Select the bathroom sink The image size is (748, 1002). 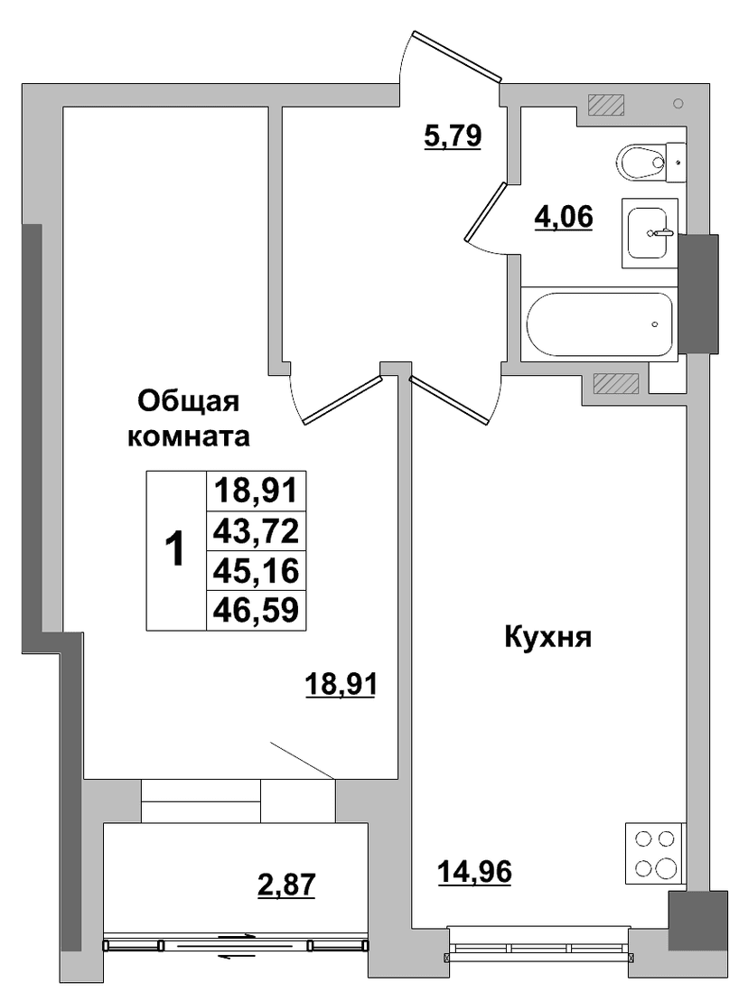tap(649, 232)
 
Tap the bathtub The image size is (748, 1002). tap(599, 323)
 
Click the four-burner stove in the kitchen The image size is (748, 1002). tap(655, 854)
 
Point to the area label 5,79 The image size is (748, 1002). tap(453, 136)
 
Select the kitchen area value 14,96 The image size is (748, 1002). tap(474, 871)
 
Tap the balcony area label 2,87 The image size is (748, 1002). tap(286, 885)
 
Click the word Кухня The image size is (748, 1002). tap(548, 637)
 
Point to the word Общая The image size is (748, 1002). tap(189, 403)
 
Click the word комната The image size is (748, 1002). tap(189, 437)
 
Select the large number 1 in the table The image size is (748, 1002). tap(174, 549)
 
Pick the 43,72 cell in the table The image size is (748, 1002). tap(257, 530)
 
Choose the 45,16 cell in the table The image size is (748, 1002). tap(257, 570)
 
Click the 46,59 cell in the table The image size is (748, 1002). tap(257, 610)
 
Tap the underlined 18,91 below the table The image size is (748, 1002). tap(341, 684)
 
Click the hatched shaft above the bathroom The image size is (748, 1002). tap(605, 105)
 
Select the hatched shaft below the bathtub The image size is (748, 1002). tap(616, 383)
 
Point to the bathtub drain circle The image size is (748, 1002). tap(655, 324)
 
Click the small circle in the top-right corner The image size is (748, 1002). tap(678, 104)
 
